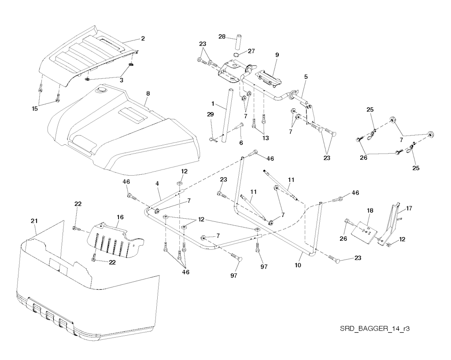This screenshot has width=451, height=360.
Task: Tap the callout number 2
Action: (143, 39)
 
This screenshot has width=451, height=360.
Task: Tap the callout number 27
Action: (251, 51)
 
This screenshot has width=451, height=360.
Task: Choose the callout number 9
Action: (277, 55)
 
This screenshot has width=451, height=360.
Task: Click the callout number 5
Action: (306, 77)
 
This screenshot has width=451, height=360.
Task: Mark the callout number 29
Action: (210, 114)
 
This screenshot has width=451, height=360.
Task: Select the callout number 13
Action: (265, 138)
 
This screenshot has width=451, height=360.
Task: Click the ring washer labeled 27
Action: (237, 55)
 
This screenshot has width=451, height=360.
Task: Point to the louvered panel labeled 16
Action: (115, 240)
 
